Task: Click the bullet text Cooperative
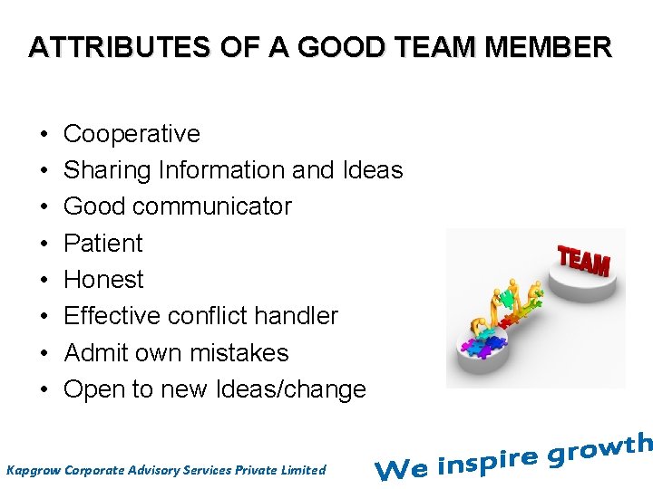(x=132, y=134)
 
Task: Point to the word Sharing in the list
(x=107, y=170)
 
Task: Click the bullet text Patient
(x=103, y=244)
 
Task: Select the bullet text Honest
(x=103, y=280)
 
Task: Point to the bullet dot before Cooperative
(x=44, y=134)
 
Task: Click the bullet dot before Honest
(x=44, y=280)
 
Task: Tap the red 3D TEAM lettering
(x=583, y=262)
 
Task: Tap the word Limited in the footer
(x=302, y=470)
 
